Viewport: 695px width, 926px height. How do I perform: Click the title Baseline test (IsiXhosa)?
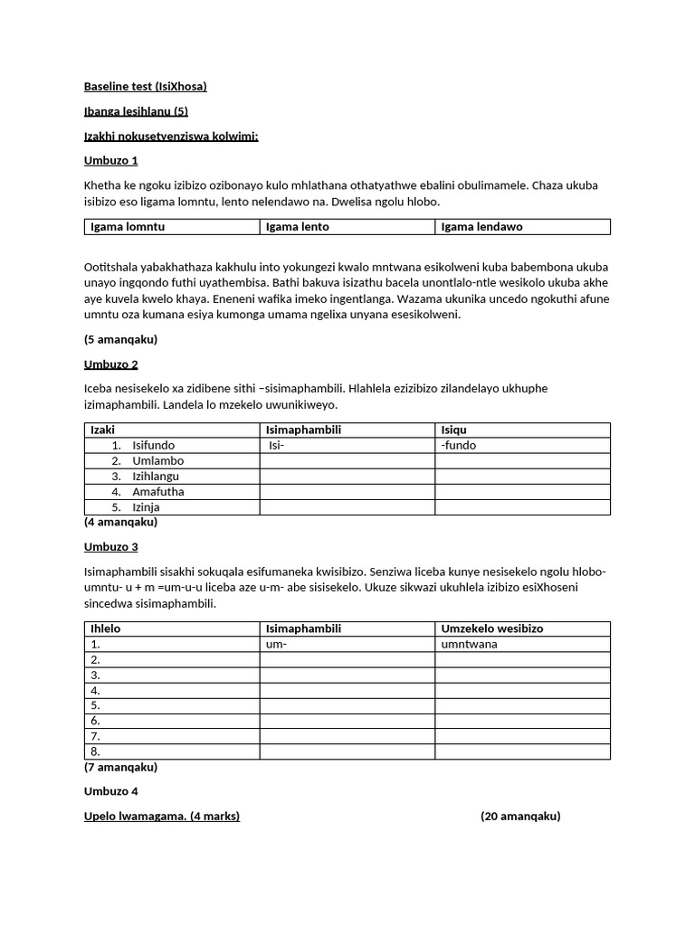145,87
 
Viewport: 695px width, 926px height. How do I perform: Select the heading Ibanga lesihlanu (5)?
136,111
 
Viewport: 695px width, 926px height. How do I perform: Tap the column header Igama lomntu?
128,226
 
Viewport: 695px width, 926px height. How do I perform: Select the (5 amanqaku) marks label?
120,339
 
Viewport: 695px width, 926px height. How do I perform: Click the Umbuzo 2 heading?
110,364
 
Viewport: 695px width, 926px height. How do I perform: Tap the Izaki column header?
103,430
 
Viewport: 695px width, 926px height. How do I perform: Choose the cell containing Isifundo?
153,445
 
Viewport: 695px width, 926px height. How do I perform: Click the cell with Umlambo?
157,460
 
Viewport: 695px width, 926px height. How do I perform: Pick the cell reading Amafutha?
157,491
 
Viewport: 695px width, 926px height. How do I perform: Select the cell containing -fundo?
458,445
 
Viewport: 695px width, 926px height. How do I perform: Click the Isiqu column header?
453,430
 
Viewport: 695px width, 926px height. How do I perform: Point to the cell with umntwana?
469,644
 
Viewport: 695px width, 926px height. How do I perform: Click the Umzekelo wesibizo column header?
491,628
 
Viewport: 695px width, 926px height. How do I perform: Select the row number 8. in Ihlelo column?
95,751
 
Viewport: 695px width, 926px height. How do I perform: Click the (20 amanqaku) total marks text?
520,816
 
